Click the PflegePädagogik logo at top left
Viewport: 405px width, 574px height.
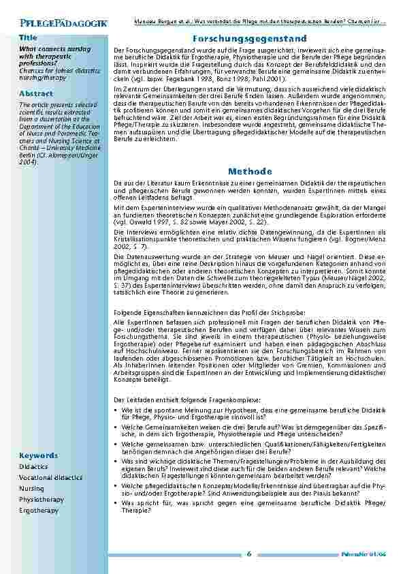(x=63, y=23)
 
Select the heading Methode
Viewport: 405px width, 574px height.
(x=250, y=170)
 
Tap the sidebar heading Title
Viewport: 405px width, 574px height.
(x=28, y=37)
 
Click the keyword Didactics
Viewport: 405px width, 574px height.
(x=33, y=466)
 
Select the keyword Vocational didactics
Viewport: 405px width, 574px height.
(x=51, y=478)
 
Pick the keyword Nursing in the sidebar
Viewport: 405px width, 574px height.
(x=31, y=489)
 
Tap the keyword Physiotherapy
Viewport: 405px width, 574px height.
(x=42, y=500)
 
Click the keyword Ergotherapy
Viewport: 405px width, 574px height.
(x=39, y=510)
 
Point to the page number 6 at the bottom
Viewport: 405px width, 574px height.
(x=249, y=553)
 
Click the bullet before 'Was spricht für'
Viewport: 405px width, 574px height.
(x=116, y=502)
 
